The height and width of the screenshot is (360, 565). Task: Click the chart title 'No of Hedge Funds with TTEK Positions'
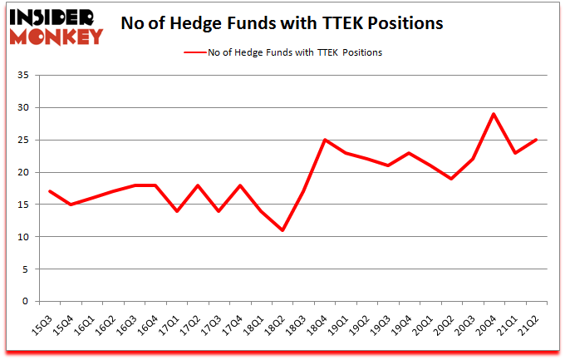click(x=282, y=23)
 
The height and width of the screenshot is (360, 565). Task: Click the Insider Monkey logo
click(x=55, y=25)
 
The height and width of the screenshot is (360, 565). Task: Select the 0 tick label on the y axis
click(x=26, y=302)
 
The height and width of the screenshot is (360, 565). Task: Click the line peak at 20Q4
click(x=494, y=114)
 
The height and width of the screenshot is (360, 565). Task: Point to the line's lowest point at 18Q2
click(x=282, y=230)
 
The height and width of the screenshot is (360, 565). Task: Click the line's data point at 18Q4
click(x=325, y=140)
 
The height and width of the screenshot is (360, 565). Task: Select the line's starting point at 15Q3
click(x=50, y=191)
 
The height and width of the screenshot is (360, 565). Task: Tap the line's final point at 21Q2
click(x=537, y=140)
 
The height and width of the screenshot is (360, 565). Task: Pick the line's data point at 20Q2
click(x=452, y=179)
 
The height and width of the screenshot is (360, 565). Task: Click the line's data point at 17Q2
click(x=198, y=185)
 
